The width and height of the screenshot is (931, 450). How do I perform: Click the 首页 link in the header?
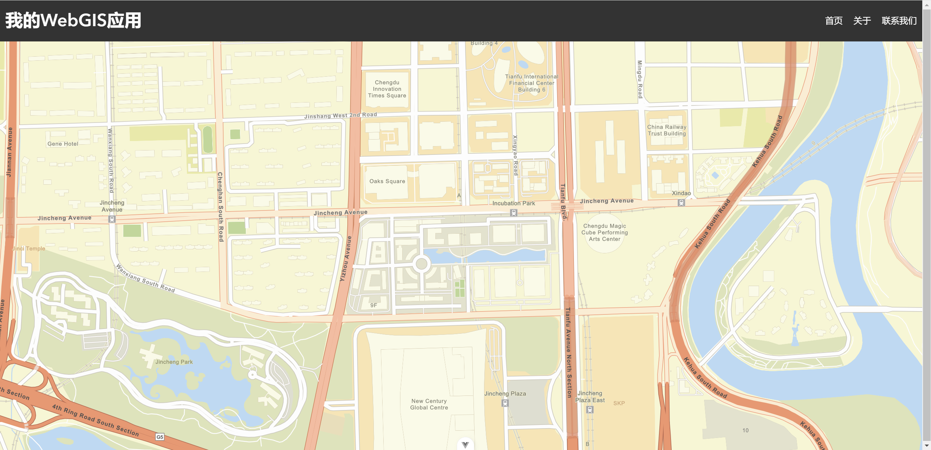(x=834, y=21)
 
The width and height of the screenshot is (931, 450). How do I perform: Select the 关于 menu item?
(x=862, y=21)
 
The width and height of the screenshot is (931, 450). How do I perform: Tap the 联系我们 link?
(x=899, y=21)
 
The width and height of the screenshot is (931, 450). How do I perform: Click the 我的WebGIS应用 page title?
(x=73, y=20)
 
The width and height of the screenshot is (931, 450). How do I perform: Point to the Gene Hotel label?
(x=63, y=144)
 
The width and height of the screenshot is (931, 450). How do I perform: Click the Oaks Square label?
(x=387, y=181)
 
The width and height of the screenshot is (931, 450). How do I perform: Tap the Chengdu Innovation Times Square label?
(x=387, y=89)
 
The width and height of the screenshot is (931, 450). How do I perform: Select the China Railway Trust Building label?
(x=667, y=130)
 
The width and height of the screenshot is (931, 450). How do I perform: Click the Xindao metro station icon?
(x=681, y=203)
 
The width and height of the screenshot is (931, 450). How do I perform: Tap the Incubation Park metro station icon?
(x=514, y=213)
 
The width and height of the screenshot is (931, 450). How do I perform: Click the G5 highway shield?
(x=160, y=437)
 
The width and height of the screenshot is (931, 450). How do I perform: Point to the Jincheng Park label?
(x=174, y=362)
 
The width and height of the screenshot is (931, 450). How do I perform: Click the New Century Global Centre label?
(x=429, y=404)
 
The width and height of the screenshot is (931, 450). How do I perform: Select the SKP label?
(x=619, y=403)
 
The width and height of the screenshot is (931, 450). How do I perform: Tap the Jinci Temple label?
(x=29, y=249)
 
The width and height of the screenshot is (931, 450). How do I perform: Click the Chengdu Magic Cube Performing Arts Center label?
(x=604, y=233)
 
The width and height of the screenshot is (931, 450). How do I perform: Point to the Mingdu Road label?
(x=640, y=79)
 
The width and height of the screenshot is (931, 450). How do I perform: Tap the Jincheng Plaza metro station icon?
(x=505, y=403)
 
